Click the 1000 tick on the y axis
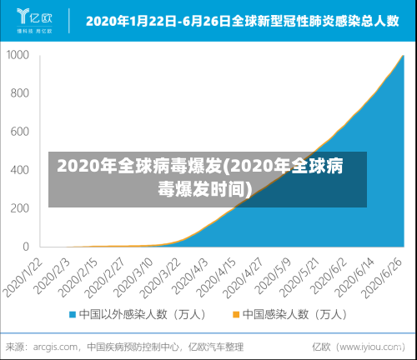tap(18, 55)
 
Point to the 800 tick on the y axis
tap(21, 93)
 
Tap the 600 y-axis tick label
tap(21, 132)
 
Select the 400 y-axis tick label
tap(21, 170)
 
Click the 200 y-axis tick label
tap(21, 208)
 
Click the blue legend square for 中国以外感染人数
tap(73, 315)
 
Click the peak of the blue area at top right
tap(403, 56)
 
